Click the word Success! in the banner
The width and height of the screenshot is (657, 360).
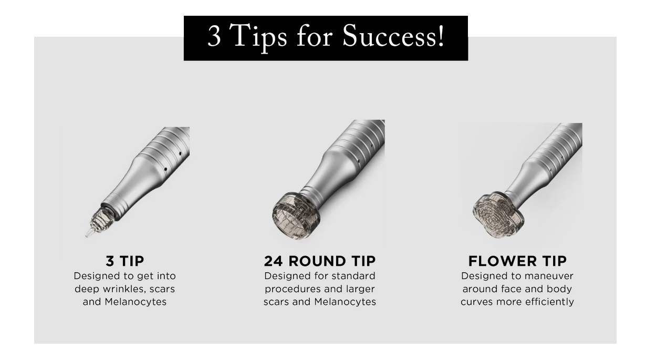click(393, 36)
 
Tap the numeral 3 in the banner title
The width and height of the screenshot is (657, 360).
click(214, 36)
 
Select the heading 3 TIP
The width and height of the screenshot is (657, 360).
click(125, 261)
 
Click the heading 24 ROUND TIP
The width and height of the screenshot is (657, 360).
click(320, 261)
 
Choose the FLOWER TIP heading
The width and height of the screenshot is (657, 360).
click(517, 261)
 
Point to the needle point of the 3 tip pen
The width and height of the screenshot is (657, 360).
click(87, 236)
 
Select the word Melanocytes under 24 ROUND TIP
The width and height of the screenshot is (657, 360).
click(345, 302)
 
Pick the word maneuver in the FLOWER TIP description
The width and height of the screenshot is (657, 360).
click(549, 276)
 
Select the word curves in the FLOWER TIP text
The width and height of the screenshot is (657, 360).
click(477, 302)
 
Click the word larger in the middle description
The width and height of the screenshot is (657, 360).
click(360, 289)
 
